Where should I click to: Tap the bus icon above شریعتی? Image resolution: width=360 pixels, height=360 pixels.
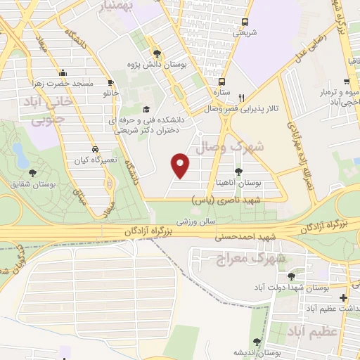tap(245, 22)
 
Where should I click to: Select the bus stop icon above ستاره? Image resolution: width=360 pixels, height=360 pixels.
tap(221, 81)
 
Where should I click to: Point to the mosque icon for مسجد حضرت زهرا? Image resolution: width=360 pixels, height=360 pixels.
tap(63, 73)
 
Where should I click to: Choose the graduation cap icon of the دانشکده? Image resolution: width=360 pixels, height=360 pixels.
tap(146, 109)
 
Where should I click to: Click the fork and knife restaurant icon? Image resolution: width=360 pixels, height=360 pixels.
tap(242, 98)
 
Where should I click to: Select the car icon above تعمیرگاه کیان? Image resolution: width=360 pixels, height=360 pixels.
tap(94, 150)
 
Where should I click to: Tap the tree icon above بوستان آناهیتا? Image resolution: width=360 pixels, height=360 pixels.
tap(238, 171)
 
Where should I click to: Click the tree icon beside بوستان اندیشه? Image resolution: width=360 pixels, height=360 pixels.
tap(256, 342)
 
